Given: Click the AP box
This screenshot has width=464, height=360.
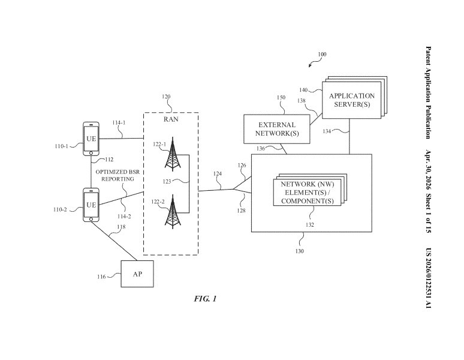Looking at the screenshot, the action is pyautogui.click(x=137, y=274).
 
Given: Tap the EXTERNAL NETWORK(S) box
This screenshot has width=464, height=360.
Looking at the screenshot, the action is pyautogui.click(x=277, y=129).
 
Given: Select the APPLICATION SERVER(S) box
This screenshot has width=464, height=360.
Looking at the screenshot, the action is pyautogui.click(x=351, y=100).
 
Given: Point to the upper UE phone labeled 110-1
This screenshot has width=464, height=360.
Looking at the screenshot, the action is pyautogui.click(x=91, y=139).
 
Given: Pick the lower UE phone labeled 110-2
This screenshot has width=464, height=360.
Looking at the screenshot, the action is pyautogui.click(x=91, y=205).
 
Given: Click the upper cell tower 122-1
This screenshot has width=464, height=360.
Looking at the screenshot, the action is pyautogui.click(x=173, y=154).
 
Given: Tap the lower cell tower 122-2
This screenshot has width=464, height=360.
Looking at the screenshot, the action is pyautogui.click(x=173, y=211).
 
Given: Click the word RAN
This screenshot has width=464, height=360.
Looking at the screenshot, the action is pyautogui.click(x=171, y=119).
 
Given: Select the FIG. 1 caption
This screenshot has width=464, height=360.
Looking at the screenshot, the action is pyautogui.click(x=206, y=299).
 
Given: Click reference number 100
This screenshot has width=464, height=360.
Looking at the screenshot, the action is pyautogui.click(x=322, y=54).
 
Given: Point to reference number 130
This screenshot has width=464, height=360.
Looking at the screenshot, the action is pyautogui.click(x=300, y=251).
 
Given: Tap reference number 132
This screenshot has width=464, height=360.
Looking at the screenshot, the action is pyautogui.click(x=309, y=225).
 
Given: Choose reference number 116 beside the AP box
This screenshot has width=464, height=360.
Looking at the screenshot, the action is pyautogui.click(x=101, y=277).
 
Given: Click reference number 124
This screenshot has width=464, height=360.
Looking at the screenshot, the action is pyautogui.click(x=218, y=174).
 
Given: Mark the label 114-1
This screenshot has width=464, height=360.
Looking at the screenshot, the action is pyautogui.click(x=119, y=122).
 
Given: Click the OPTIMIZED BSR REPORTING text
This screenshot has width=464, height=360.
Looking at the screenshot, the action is pyautogui.click(x=117, y=176).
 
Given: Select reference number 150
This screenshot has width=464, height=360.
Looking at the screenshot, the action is pyautogui.click(x=281, y=97).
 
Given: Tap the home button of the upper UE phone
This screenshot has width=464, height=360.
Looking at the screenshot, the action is pyautogui.click(x=91, y=153).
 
